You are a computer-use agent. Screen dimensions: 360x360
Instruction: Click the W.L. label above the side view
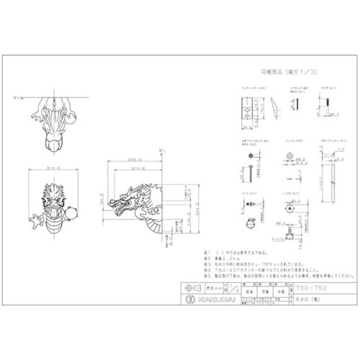pos(161,150)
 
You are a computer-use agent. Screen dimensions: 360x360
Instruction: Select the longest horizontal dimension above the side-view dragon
pos(134,161)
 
